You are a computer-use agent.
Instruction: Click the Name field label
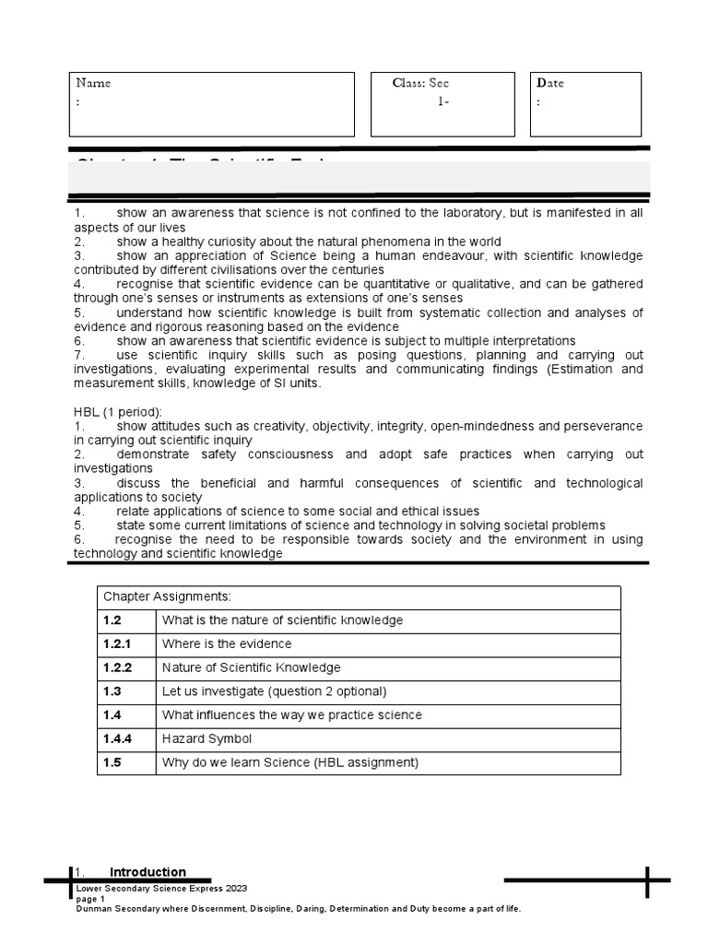tap(93, 83)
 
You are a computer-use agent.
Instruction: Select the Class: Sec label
tap(420, 83)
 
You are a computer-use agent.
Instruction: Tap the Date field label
tap(550, 83)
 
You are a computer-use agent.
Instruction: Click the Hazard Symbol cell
tap(206, 738)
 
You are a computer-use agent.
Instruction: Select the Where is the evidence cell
tap(227, 643)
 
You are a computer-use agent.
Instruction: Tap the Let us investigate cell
tap(275, 691)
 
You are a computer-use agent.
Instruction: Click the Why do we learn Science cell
tap(290, 762)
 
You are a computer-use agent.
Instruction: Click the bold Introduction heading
tap(147, 872)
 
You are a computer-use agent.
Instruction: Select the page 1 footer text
tap(90, 899)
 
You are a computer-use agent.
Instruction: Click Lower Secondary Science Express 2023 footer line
tap(161, 889)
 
